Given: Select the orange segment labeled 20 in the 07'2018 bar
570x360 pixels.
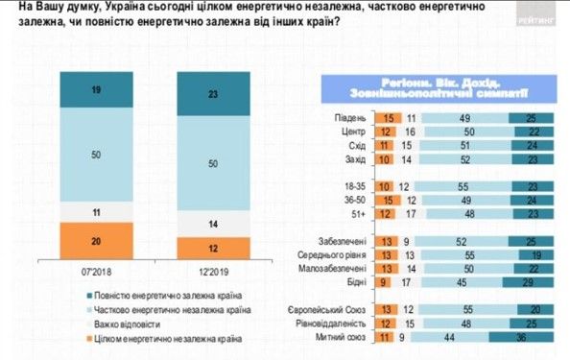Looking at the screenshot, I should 95,241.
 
